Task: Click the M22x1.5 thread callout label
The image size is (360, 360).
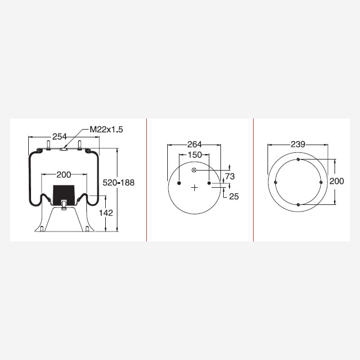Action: [x=106, y=130]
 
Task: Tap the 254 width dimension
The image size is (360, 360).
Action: [x=59, y=137]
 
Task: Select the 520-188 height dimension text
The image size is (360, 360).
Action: [x=119, y=183]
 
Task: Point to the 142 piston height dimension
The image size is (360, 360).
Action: [x=106, y=213]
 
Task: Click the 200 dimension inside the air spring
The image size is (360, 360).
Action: [x=64, y=175]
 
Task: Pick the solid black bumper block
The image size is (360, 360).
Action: [x=64, y=195]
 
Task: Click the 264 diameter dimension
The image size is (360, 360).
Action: [x=194, y=145]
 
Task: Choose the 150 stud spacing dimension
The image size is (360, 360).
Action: [x=195, y=155]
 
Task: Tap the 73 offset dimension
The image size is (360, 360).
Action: [x=230, y=176]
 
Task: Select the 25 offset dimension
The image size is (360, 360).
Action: [x=234, y=197]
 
